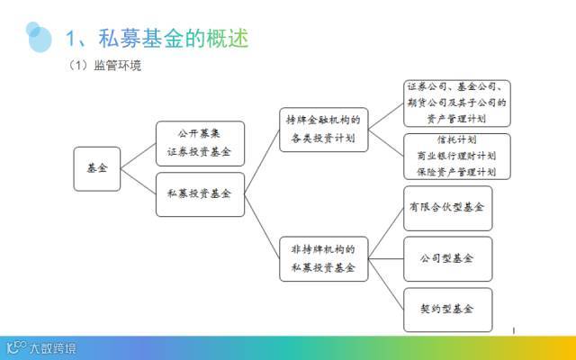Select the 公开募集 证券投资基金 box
coord(199,143)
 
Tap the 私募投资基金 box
coord(199,193)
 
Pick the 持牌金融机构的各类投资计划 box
coord(323,129)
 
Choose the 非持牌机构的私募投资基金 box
coord(323,258)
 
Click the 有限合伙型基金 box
coord(447,207)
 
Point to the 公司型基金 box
coord(447,258)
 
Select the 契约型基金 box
coord(447,309)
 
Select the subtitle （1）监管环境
coord(104,67)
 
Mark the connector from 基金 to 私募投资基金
coord(137,181)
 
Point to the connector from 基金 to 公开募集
coord(137,156)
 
